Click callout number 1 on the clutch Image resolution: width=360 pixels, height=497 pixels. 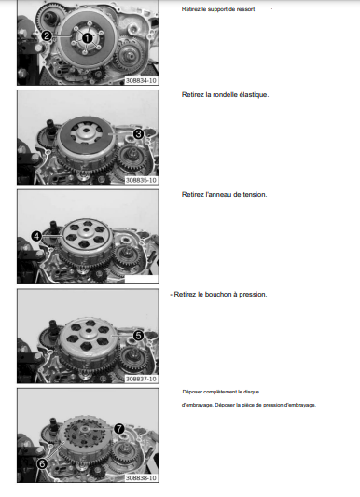click(88, 38)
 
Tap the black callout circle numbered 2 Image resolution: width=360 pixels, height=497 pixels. click(47, 35)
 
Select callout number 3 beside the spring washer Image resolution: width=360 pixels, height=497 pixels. click(138, 134)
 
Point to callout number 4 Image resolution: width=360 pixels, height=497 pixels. click(36, 236)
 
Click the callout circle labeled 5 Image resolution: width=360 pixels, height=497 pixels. click(138, 336)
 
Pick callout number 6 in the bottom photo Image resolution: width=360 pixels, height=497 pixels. click(42, 464)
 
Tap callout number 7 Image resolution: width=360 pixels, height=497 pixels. click(118, 429)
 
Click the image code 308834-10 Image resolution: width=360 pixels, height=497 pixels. click(141, 81)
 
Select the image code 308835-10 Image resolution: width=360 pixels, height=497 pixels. click(141, 180)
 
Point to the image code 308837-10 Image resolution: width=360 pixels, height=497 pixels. click(141, 380)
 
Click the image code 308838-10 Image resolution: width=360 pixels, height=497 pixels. click(141, 478)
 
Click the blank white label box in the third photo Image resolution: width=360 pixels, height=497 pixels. click(142, 279)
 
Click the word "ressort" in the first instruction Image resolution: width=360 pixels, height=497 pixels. click(244, 9)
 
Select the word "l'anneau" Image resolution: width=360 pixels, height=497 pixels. click(218, 195)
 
